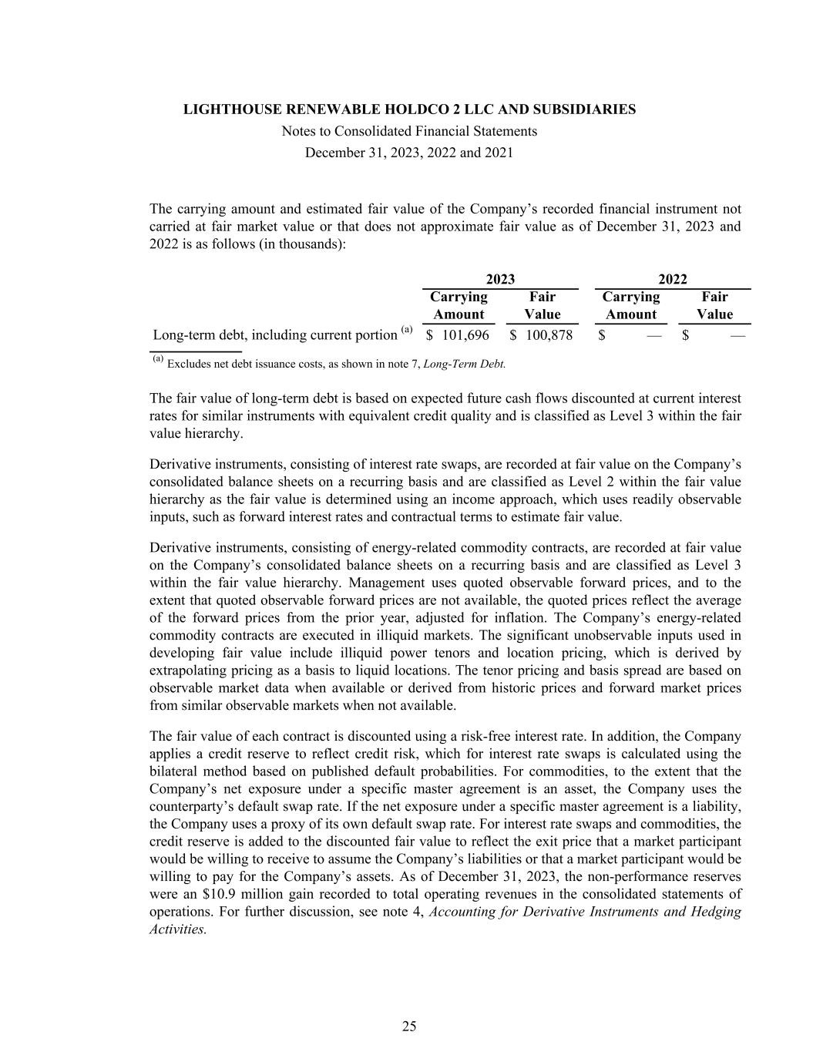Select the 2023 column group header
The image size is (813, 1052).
click(500, 279)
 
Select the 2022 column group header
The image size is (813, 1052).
click(673, 279)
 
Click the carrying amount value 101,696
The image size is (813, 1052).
click(465, 335)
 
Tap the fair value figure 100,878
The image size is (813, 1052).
click(549, 335)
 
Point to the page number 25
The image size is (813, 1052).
click(409, 1026)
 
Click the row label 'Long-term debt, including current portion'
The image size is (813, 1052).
click(274, 335)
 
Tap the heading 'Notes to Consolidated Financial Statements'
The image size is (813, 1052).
click(409, 131)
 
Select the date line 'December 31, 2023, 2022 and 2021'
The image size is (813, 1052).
click(409, 153)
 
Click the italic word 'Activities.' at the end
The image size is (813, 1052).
click(178, 929)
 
